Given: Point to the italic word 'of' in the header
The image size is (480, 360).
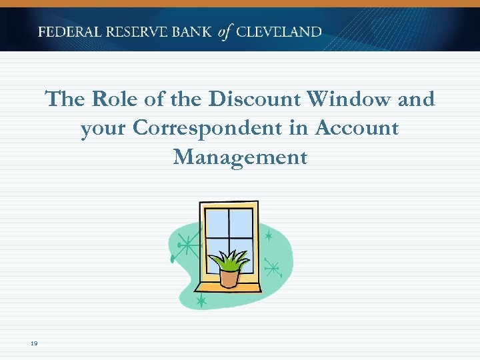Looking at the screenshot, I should click(226, 32).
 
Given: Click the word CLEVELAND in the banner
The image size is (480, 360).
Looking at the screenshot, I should click(279, 32).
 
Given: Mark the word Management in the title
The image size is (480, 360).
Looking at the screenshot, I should click(240, 157).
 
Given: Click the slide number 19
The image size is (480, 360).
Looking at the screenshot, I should click(33, 343).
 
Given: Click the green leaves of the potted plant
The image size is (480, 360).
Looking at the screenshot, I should click(229, 259).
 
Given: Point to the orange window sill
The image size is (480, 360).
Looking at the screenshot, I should click(228, 287).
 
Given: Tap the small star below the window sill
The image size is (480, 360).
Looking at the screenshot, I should click(201, 302).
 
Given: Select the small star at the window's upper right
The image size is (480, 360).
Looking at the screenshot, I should click(269, 236).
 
